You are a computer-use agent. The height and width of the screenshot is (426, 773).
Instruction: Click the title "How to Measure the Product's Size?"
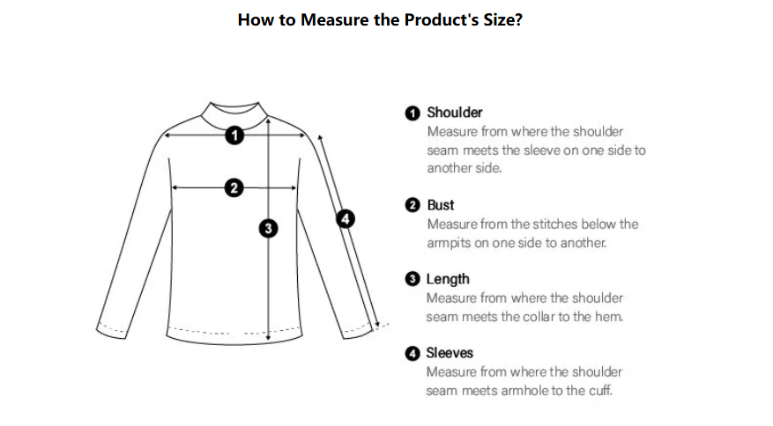point(380,19)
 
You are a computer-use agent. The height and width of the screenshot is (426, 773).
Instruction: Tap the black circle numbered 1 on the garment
point(234,135)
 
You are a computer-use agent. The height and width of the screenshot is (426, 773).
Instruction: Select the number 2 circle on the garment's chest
point(234,187)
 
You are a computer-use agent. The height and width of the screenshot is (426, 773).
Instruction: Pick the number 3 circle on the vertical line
point(268,228)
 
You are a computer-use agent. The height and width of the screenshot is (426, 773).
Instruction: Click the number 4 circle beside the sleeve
point(346,218)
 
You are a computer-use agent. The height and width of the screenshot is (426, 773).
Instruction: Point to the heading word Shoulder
point(455,113)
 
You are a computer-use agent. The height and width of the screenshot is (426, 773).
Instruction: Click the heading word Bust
point(440,205)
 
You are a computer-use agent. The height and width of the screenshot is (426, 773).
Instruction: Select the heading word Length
point(448,279)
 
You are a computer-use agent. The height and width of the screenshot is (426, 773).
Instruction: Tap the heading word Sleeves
point(450,353)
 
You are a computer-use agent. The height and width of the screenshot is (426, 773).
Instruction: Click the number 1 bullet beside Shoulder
point(413,114)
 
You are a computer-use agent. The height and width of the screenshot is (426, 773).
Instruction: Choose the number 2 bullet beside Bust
point(413,205)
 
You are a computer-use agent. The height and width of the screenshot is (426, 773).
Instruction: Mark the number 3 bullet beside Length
point(413,279)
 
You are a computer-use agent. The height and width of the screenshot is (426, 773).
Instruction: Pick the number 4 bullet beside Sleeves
point(413,353)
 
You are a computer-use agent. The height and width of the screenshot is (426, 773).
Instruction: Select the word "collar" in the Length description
point(527,317)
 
